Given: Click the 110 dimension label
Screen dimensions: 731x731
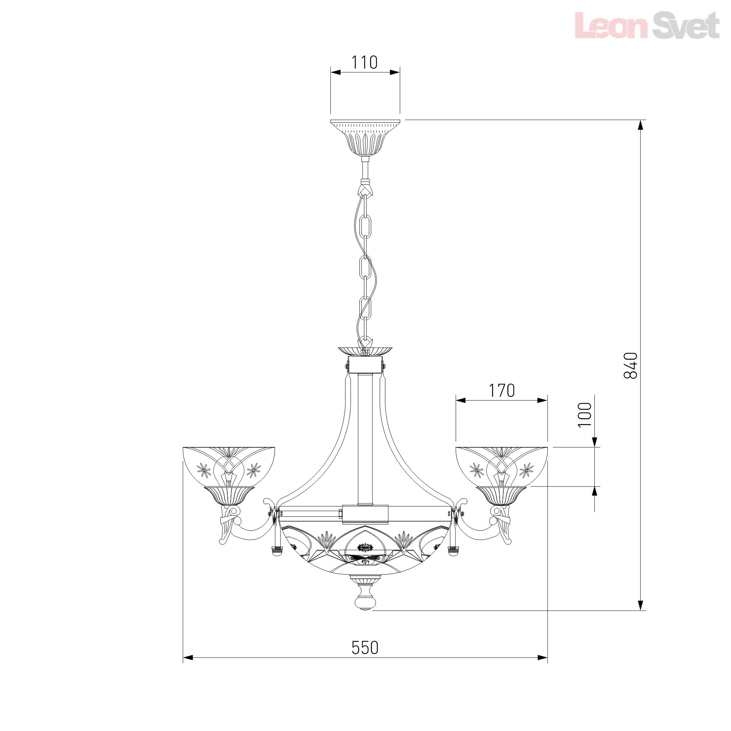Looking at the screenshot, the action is click(365, 63).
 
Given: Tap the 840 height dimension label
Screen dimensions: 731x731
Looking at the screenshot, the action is click(630, 365).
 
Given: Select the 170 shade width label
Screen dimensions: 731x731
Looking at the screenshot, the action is click(502, 391).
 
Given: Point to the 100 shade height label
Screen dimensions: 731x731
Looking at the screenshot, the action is click(584, 415).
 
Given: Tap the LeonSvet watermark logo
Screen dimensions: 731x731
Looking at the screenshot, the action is click(647, 25).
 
